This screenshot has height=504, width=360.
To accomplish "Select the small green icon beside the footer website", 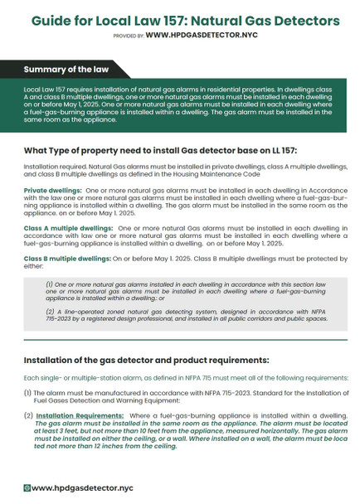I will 27,489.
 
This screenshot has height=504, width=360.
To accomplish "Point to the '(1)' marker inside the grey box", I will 50,283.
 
